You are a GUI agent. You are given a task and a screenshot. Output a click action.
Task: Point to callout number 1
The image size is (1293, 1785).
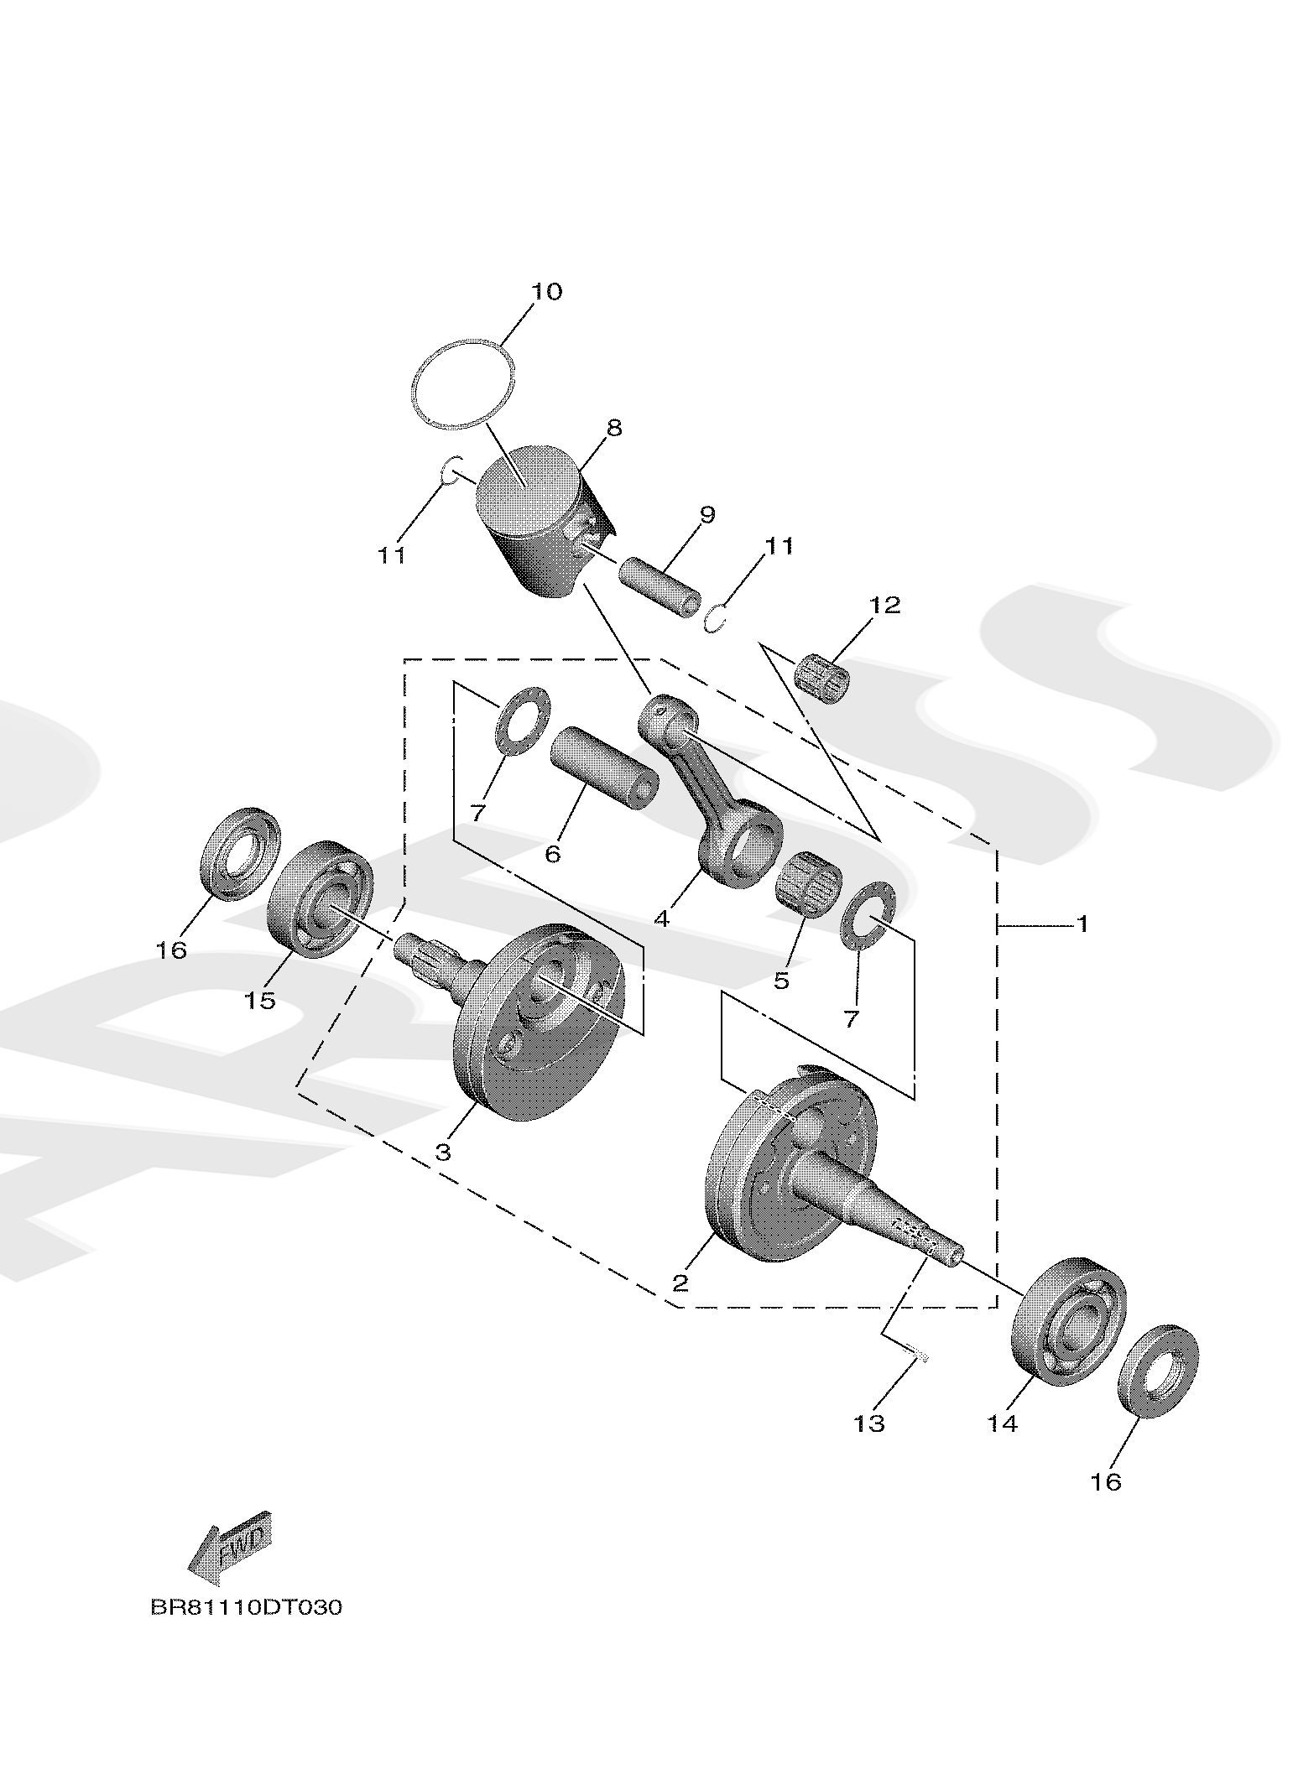tap(1082, 924)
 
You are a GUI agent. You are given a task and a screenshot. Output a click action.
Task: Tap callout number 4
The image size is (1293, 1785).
tap(662, 919)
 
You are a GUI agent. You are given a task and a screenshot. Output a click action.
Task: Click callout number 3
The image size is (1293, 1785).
tap(443, 1151)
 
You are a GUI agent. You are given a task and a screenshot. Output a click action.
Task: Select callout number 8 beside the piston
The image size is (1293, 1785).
tap(613, 429)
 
